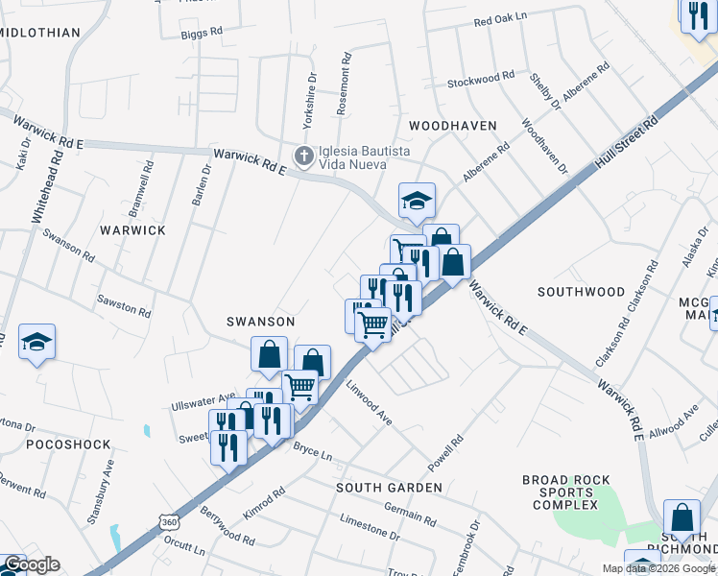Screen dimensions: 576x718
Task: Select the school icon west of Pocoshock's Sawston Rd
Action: coord(36,342)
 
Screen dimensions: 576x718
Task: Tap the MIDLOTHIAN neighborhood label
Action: coord(40,32)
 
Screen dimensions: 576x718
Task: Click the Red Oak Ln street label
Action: coord(500,19)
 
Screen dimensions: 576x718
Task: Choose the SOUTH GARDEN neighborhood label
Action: coord(389,488)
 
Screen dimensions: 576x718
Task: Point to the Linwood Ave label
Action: coord(369,406)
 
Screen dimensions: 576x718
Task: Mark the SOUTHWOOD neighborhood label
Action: coord(581,291)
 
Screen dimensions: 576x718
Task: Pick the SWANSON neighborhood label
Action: coord(260,321)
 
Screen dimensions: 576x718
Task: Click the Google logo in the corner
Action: coord(31,564)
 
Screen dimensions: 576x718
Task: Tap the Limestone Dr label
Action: coord(370,527)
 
